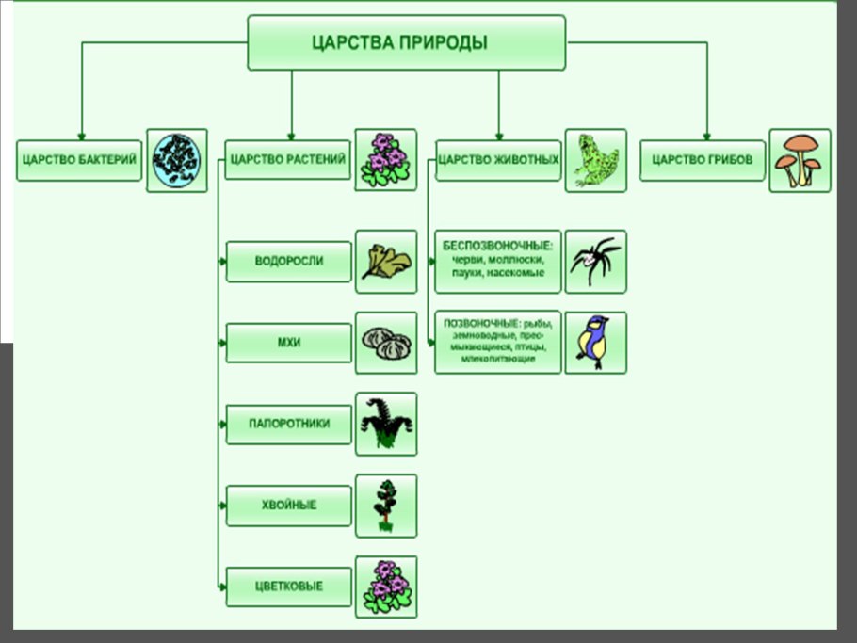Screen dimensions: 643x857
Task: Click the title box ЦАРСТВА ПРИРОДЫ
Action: tap(406, 42)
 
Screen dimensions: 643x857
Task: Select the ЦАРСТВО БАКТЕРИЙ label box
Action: tap(79, 160)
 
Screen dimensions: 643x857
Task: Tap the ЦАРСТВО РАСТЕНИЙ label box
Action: tap(287, 160)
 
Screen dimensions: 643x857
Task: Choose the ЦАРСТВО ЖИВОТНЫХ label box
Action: tap(498, 160)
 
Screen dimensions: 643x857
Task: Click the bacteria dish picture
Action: tap(177, 161)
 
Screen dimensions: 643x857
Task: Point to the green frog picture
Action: tap(595, 161)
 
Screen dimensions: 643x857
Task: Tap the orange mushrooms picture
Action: tap(800, 161)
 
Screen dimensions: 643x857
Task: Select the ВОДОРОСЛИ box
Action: tap(289, 261)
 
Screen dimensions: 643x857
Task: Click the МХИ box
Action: tap(289, 343)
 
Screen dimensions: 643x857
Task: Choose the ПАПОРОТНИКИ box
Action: tap(289, 424)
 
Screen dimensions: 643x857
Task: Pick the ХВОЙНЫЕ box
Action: tap(289, 506)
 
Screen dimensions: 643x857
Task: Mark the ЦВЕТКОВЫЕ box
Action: tap(289, 587)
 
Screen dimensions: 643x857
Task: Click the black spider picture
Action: tap(595, 261)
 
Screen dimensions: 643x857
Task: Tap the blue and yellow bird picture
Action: tap(595, 343)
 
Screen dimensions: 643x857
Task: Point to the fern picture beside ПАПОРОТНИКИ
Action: tap(386, 425)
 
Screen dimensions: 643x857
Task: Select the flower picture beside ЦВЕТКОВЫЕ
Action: tap(386, 587)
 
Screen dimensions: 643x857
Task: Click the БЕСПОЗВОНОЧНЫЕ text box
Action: tap(498, 261)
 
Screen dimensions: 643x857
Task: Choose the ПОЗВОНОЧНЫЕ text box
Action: tap(498, 343)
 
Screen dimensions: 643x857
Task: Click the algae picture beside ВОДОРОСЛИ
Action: tap(386, 262)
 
